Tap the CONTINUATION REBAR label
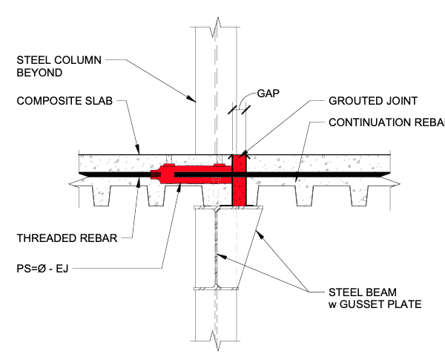tap(384, 122)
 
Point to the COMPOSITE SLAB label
tap(65, 102)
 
